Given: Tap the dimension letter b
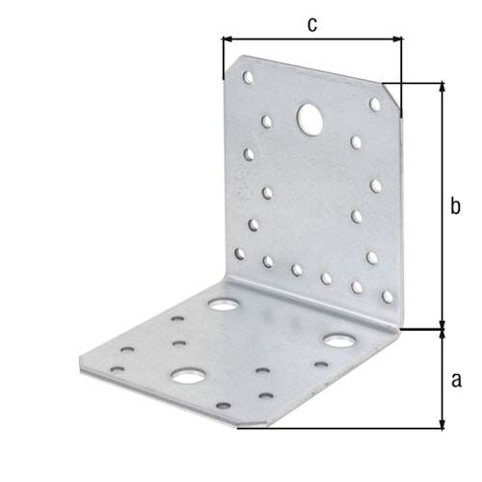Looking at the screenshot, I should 456,204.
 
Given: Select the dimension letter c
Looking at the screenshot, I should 311,24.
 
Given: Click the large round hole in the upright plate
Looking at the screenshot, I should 310,119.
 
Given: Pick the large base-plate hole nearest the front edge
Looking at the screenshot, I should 185,375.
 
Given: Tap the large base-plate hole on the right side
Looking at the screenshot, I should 338,340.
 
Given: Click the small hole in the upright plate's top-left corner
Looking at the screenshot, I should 248,75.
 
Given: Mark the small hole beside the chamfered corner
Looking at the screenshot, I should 375,103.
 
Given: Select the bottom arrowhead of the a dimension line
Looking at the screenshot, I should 442,424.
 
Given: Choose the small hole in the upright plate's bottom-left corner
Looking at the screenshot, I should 240,254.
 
